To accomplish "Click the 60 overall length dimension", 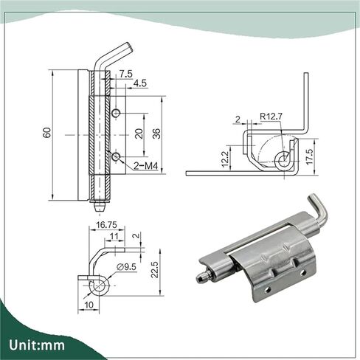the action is (47, 133).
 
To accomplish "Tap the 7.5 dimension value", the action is (125, 74).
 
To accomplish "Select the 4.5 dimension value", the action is (140, 83).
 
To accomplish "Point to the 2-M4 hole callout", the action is (145, 166).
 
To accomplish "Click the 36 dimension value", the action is (156, 134).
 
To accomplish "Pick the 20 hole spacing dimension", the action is (139, 134).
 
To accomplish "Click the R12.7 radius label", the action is (271, 116).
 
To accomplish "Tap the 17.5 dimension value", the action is (309, 156).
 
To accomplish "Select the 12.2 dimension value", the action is (225, 159).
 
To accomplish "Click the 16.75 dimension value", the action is (106, 225).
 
